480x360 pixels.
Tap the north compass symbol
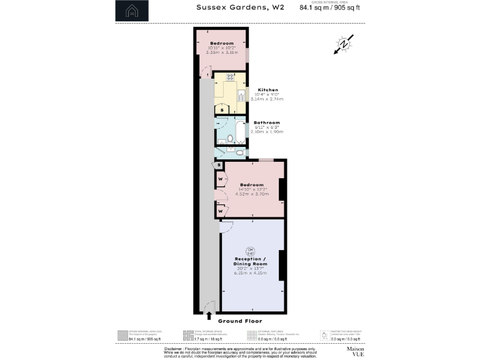pos(343,45)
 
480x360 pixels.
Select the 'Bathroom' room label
pos(266,122)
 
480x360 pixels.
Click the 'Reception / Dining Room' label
pos(251,261)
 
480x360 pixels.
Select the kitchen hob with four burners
pos(230,77)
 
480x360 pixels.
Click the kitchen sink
pos(241,96)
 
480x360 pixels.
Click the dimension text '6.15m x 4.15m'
pos(251,273)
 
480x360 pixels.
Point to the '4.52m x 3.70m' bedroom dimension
pos(252,194)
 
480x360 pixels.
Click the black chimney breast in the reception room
pos(282,264)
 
